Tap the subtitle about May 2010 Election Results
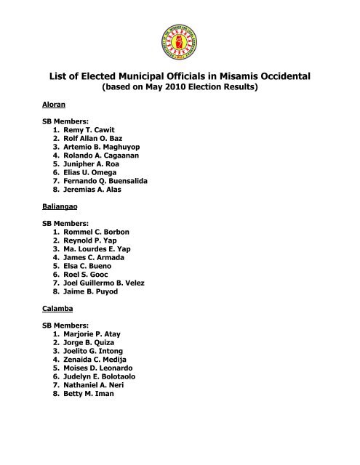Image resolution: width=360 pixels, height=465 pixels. coord(180,88)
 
